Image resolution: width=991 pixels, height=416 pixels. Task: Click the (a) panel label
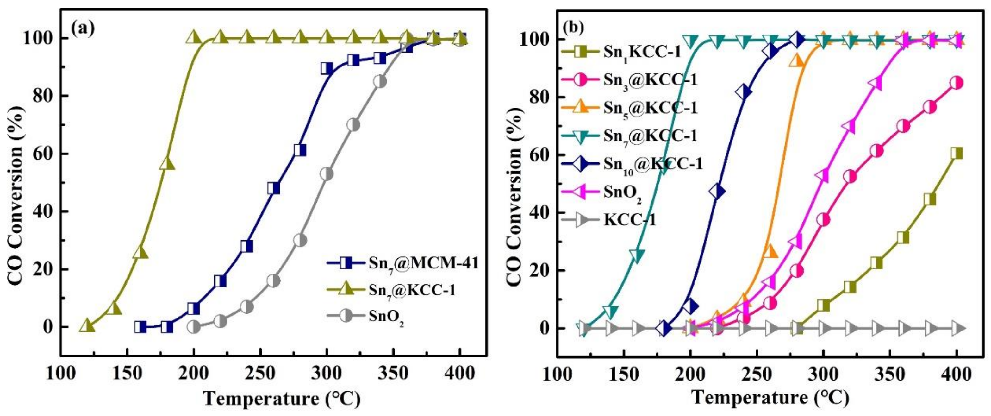tap(83, 28)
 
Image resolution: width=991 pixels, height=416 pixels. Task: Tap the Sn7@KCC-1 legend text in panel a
tap(412, 290)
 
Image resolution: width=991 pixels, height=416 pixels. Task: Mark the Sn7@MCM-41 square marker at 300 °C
tap(327, 68)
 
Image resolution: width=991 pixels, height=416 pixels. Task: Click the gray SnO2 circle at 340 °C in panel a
tap(380, 82)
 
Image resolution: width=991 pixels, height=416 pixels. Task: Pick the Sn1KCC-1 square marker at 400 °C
tap(957, 153)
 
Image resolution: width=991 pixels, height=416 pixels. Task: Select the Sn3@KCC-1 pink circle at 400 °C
tap(957, 83)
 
